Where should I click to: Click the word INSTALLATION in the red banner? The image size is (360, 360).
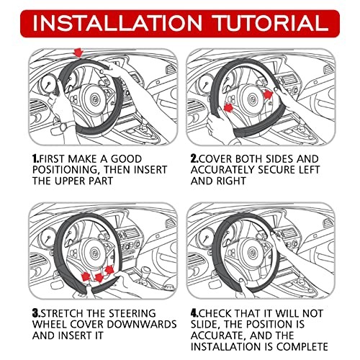[117, 23]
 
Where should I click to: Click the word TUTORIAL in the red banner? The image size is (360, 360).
[271, 23]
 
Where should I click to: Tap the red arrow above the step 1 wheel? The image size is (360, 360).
[78, 53]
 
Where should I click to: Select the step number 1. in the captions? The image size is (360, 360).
[35, 159]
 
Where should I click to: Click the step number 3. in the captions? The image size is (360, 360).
[37, 313]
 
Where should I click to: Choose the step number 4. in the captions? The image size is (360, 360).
[195, 313]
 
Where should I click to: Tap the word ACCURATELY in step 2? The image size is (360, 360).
[222, 170]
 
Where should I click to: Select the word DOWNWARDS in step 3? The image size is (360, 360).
[142, 324]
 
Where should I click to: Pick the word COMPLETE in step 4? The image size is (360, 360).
[302, 346]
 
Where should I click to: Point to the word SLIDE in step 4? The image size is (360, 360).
[205, 325]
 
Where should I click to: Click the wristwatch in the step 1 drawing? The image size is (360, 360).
[64, 127]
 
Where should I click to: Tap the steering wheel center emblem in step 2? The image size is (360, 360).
[252, 98]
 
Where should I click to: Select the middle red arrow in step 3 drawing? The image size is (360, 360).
[99, 277]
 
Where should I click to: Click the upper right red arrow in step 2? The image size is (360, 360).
[269, 94]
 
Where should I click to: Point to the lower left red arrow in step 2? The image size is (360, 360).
[228, 107]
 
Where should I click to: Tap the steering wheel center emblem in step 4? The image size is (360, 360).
[252, 252]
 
